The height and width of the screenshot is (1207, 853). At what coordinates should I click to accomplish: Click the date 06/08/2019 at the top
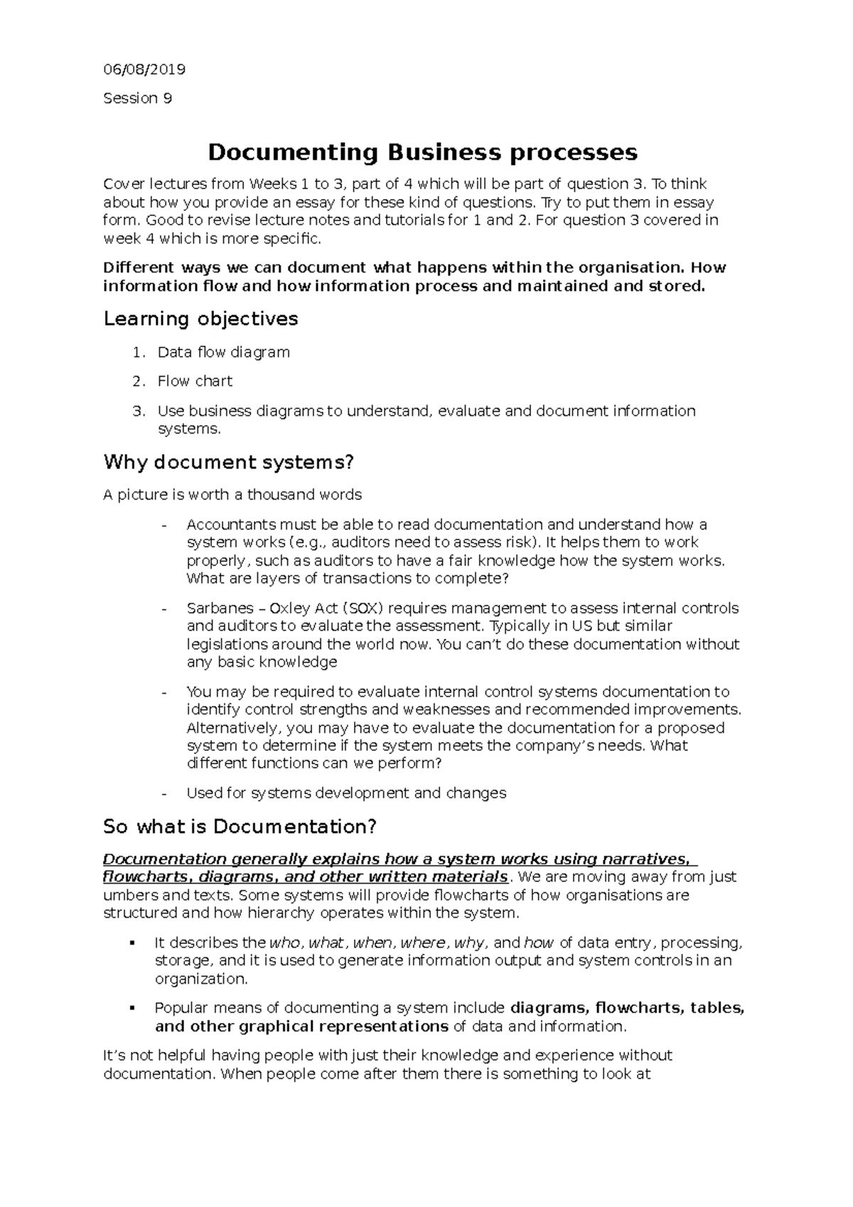(x=144, y=70)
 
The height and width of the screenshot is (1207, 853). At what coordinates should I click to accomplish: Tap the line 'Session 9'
(x=137, y=99)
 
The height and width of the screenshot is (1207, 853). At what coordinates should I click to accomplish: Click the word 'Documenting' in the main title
(x=292, y=152)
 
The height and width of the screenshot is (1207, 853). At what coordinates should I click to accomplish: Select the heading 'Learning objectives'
(x=200, y=319)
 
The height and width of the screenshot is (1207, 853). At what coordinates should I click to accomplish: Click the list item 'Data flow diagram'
(x=223, y=353)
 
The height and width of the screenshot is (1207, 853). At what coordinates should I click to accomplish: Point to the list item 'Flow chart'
(x=195, y=382)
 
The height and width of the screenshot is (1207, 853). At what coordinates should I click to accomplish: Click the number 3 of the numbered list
(x=138, y=412)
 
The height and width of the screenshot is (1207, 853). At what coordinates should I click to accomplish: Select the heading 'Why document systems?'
(x=228, y=463)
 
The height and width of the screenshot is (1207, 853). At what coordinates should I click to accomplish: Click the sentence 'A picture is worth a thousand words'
(x=232, y=495)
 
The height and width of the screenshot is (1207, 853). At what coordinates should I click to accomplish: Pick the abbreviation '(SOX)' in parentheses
(x=363, y=608)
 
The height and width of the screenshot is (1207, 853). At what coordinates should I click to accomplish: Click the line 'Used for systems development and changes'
(x=346, y=793)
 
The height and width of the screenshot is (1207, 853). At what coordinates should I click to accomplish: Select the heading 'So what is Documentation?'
(x=240, y=827)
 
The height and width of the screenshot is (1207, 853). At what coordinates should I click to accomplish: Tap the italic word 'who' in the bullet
(x=286, y=943)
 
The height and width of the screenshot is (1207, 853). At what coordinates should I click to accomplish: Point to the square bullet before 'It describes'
(x=132, y=943)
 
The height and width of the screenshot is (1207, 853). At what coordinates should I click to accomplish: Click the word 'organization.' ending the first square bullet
(x=201, y=980)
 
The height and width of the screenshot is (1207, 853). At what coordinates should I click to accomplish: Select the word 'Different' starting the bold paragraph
(x=138, y=268)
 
